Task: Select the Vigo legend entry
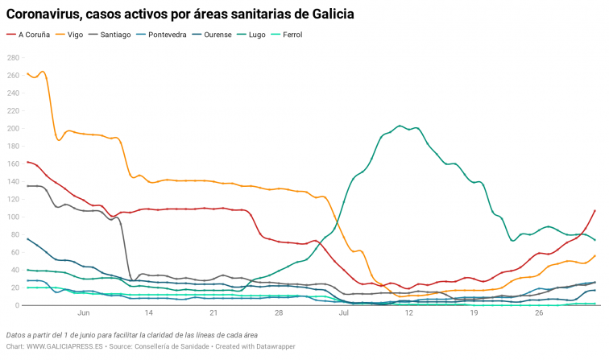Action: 75,35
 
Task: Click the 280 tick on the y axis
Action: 14,58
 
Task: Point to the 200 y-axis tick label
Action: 14,129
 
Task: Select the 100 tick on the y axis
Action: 14,217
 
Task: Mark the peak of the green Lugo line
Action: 400,126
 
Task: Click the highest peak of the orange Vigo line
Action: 42,72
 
